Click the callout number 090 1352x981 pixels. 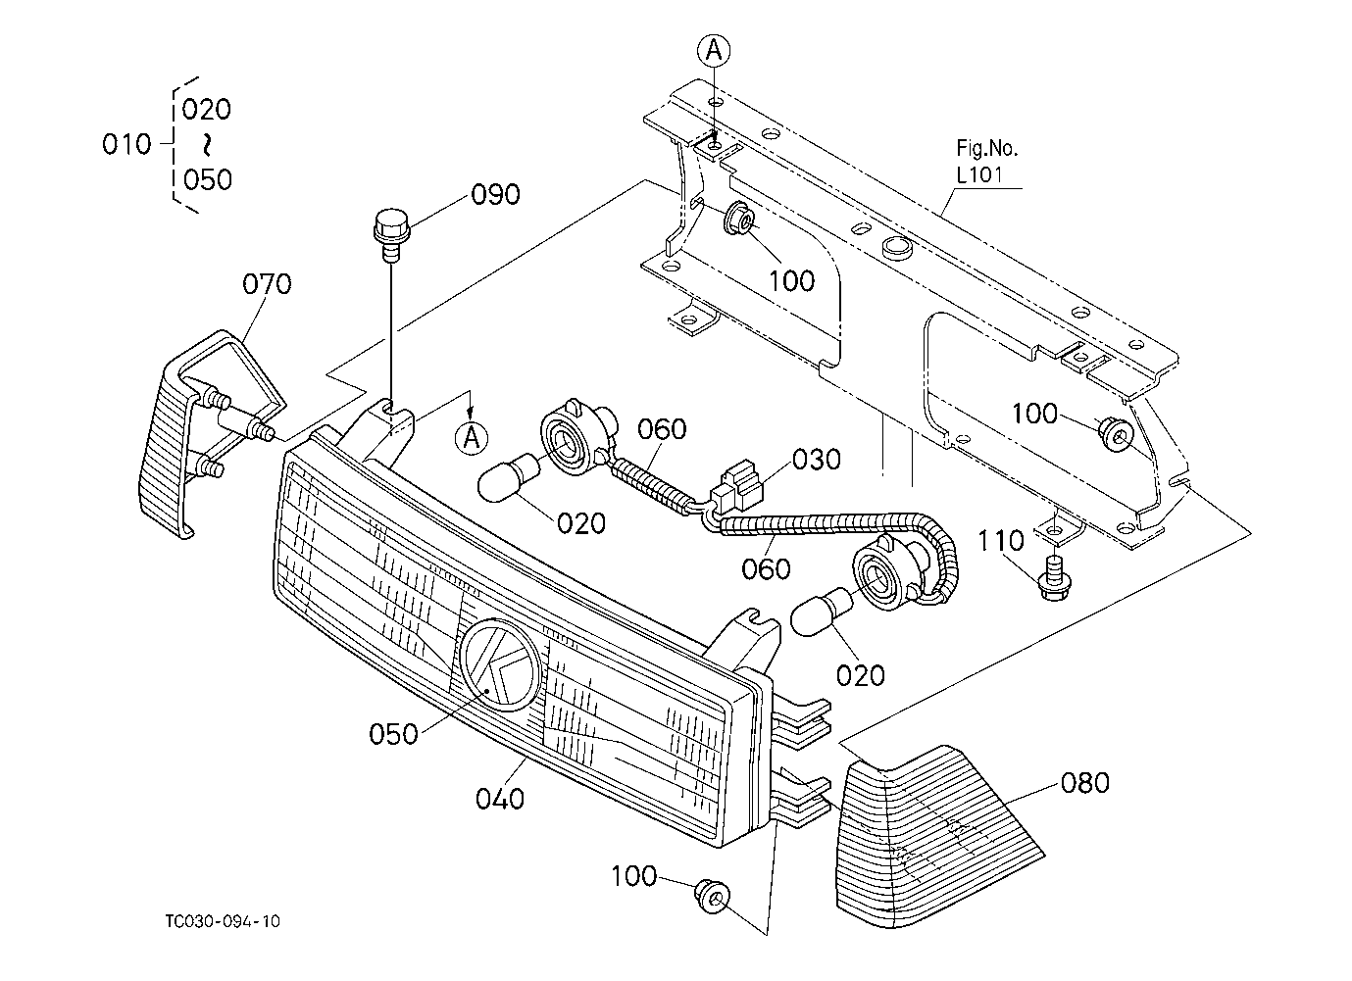tap(495, 194)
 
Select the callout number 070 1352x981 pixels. tap(267, 283)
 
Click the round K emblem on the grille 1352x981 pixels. tap(499, 664)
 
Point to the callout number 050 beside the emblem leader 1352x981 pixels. tap(393, 734)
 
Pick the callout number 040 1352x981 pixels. tap(500, 799)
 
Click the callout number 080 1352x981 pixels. tap(1084, 782)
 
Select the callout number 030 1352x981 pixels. tap(817, 460)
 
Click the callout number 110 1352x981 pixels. tap(1001, 541)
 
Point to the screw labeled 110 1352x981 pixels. tap(1054, 578)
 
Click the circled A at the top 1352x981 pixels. tap(714, 51)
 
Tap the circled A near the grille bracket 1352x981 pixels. tap(472, 436)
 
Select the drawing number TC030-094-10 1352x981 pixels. tap(223, 921)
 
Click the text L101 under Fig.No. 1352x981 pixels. tap(979, 175)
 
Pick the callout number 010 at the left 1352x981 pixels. tap(126, 145)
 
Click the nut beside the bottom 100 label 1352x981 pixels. tap(712, 897)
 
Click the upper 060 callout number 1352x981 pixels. tap(662, 429)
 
